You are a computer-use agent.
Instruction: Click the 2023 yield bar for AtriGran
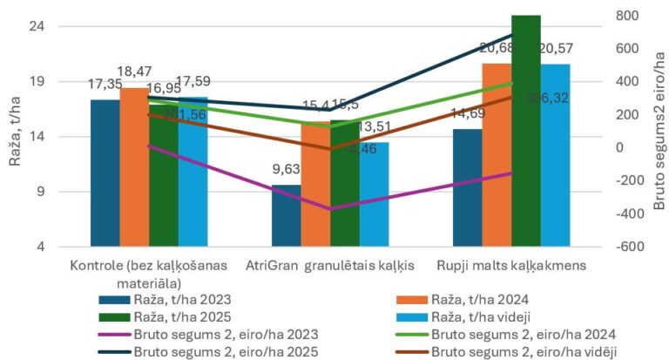(x=286, y=216)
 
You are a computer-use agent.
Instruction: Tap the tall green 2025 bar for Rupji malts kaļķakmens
(x=526, y=131)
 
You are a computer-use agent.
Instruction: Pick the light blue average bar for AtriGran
(x=374, y=200)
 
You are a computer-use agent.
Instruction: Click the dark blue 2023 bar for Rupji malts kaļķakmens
(x=467, y=187)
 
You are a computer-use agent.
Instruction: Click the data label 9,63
(x=285, y=170)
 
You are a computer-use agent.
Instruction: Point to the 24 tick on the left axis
(x=37, y=26)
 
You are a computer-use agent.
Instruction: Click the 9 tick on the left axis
(x=41, y=193)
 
